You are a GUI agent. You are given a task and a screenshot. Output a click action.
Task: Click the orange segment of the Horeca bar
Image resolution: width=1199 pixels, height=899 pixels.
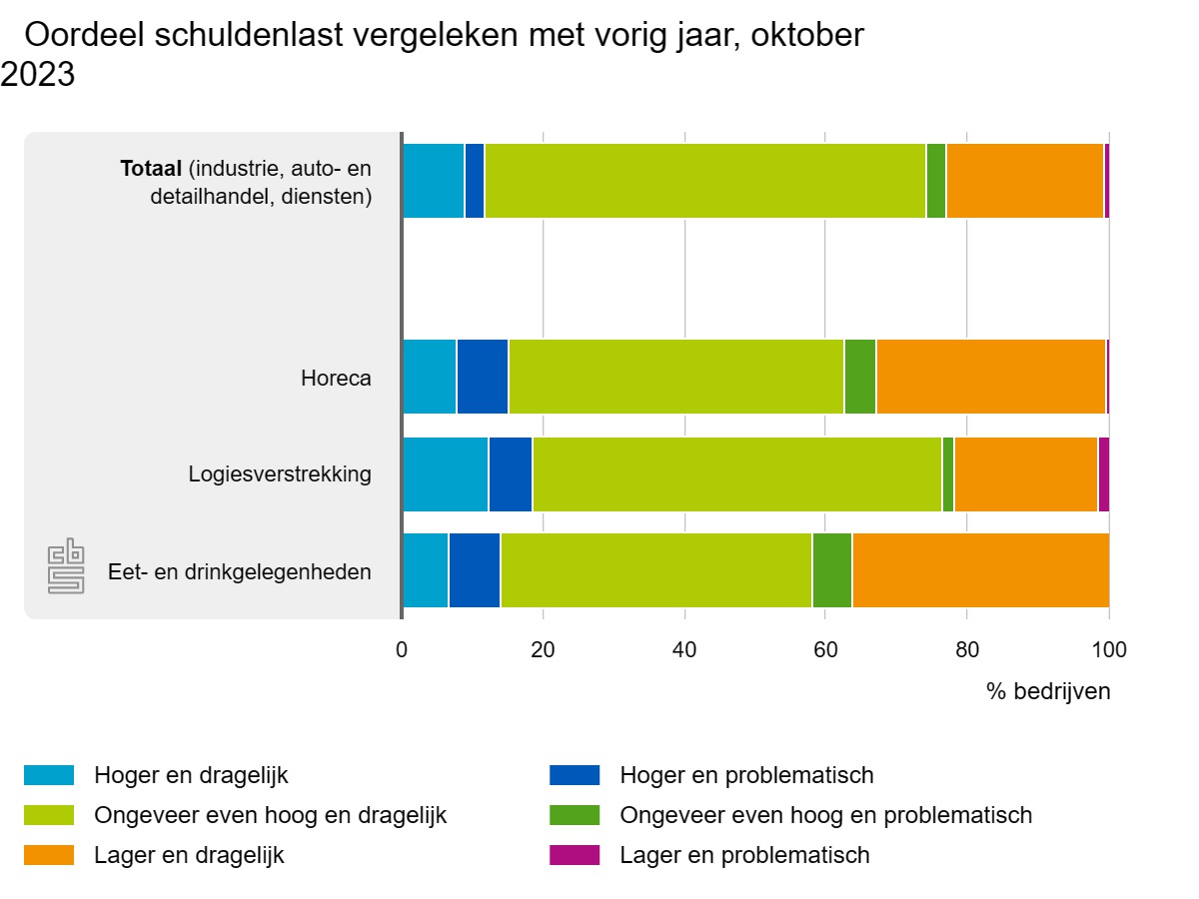[990, 377]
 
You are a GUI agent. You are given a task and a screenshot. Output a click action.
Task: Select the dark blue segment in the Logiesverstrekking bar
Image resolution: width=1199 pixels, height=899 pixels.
[510, 474]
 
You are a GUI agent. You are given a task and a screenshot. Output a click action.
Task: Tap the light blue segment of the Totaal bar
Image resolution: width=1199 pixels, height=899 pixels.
[433, 181]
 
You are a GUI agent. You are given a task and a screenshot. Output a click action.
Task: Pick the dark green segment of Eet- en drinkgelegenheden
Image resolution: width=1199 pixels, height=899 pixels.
[831, 570]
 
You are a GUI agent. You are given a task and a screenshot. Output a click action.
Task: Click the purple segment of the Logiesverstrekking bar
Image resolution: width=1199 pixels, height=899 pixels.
[1103, 474]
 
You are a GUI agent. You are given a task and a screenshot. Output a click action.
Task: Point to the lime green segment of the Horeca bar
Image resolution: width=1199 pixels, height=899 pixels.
[675, 377]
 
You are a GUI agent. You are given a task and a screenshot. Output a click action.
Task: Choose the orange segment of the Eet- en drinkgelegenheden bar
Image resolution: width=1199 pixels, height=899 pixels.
[980, 570]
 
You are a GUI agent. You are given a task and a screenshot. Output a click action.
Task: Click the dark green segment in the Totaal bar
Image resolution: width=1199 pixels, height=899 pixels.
[935, 181]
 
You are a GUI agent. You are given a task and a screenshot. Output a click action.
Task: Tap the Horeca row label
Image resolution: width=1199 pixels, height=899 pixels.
[336, 379]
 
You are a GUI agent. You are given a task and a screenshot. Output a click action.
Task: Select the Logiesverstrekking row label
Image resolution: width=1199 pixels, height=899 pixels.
[280, 474]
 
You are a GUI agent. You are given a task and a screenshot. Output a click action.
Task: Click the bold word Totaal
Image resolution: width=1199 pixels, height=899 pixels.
[151, 169]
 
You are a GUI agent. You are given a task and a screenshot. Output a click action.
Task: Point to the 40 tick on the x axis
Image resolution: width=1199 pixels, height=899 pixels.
[684, 650]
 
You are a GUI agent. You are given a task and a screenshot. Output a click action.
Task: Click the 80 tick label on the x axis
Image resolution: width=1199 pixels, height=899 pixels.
[966, 650]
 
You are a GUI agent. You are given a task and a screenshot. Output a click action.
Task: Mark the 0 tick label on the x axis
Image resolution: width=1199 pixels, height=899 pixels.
[402, 650]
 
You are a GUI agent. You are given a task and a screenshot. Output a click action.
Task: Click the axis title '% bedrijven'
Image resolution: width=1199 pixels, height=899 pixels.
[1048, 691]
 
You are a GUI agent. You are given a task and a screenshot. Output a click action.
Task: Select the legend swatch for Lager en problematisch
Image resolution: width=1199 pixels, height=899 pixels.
[575, 855]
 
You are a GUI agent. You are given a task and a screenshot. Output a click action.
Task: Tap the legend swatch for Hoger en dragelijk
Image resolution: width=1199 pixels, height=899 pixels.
[49, 775]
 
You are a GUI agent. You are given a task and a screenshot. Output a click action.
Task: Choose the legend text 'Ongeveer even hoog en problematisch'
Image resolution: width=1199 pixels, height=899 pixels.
[825, 815]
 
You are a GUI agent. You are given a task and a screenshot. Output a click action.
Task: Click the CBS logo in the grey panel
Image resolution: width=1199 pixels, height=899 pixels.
[66, 566]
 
